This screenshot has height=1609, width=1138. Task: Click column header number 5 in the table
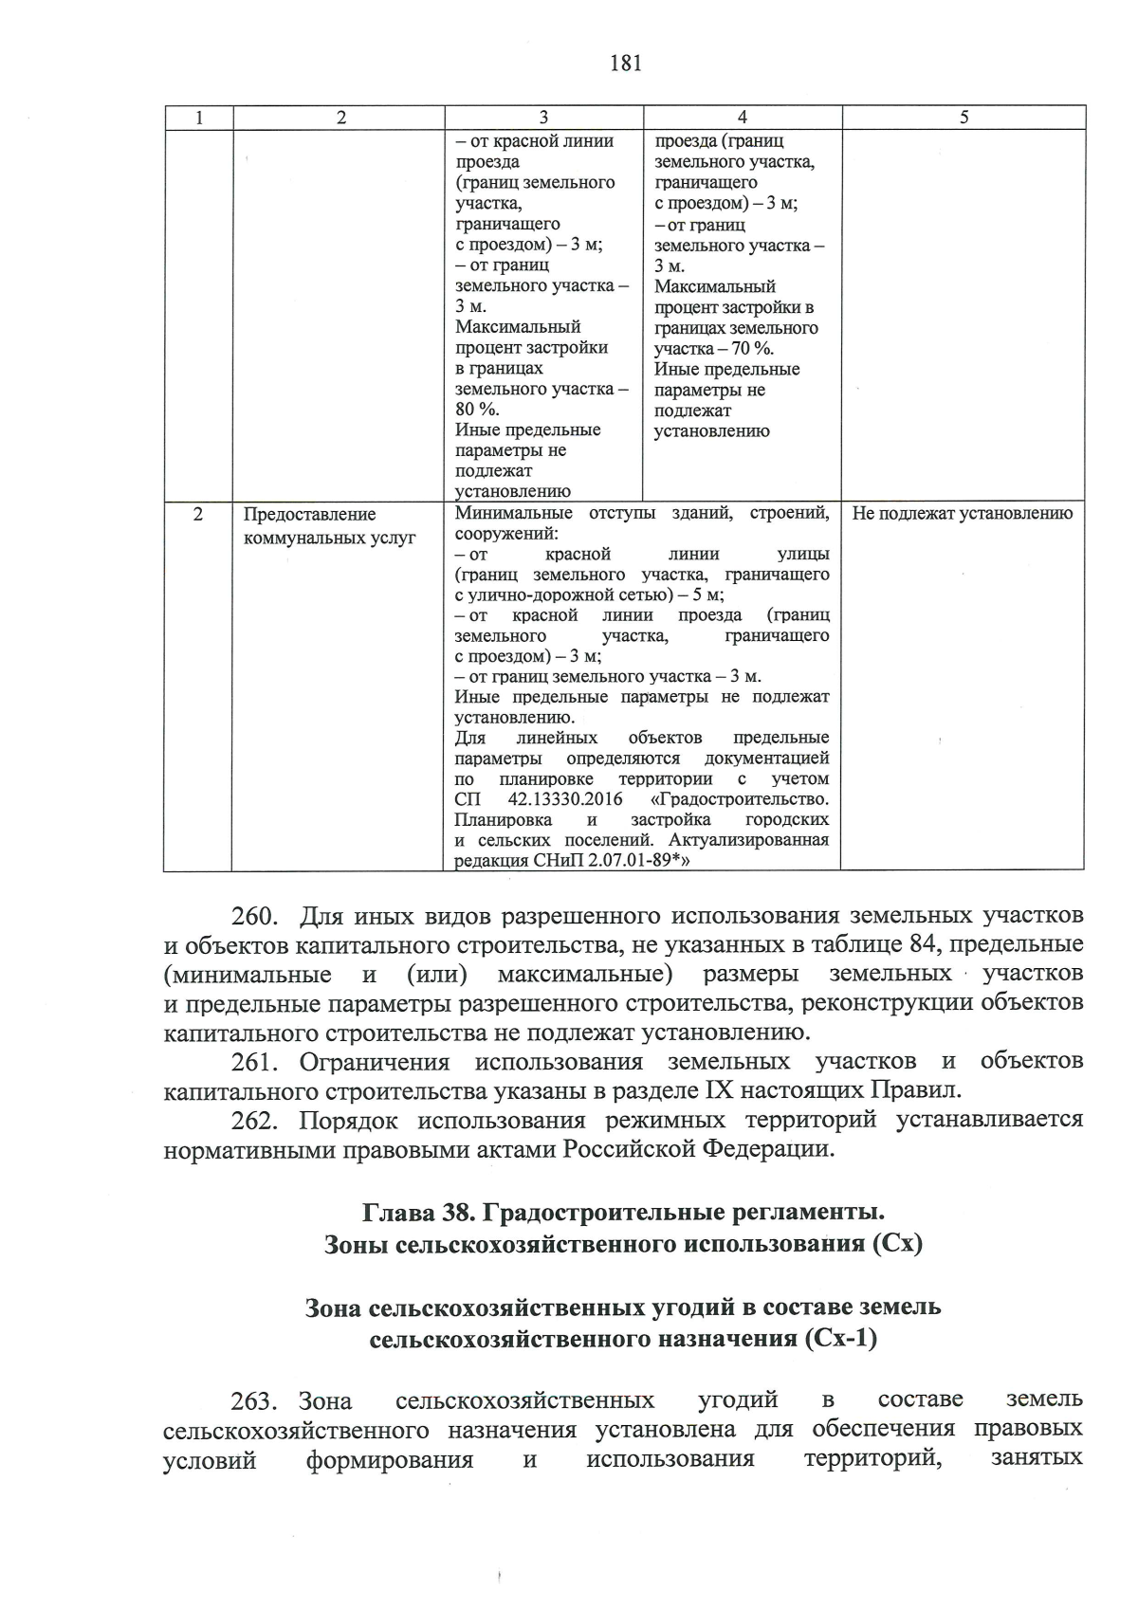pyautogui.click(x=964, y=118)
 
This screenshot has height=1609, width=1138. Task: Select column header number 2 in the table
pyautogui.click(x=341, y=118)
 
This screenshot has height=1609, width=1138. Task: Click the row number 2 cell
pyautogui.click(x=197, y=515)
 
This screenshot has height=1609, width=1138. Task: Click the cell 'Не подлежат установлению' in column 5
pyautogui.click(x=962, y=515)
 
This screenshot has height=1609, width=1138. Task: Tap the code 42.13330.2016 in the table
pyautogui.click(x=565, y=799)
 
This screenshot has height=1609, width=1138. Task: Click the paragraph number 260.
pyautogui.click(x=253, y=917)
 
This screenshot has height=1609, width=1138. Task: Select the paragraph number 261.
pyautogui.click(x=253, y=1062)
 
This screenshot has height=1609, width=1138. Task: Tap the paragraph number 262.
pyautogui.click(x=253, y=1121)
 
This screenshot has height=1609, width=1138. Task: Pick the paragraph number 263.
pyautogui.click(x=253, y=1401)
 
